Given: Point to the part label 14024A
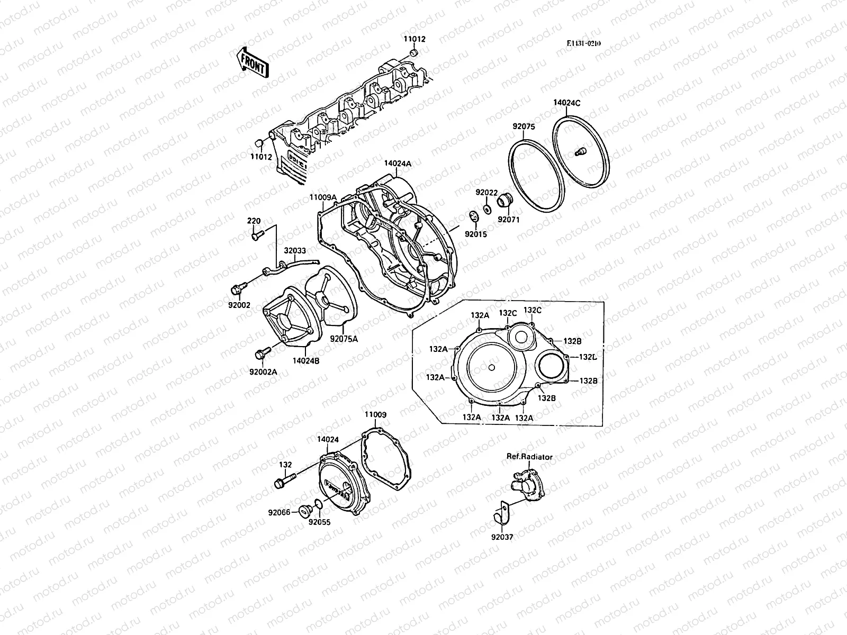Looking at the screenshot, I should pyautogui.click(x=398, y=164).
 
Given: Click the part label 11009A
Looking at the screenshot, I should pyautogui.click(x=323, y=197).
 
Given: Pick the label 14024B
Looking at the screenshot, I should pyautogui.click(x=307, y=361).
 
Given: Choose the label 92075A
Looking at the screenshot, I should pyautogui.click(x=344, y=339).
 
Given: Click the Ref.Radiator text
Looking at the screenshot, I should pyautogui.click(x=529, y=457).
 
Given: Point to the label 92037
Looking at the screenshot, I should pyautogui.click(x=502, y=537).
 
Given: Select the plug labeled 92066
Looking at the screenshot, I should pyautogui.click(x=304, y=510).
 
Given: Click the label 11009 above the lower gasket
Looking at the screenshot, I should pyautogui.click(x=375, y=415).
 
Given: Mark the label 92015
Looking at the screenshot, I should pyautogui.click(x=475, y=233).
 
